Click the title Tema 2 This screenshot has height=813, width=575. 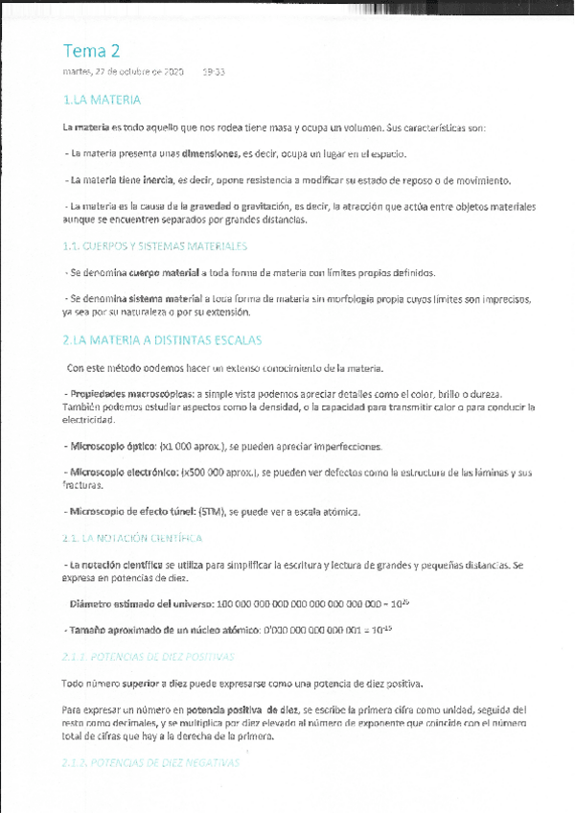click(92, 51)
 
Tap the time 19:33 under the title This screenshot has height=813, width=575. click(214, 72)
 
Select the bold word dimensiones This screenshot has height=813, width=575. click(211, 153)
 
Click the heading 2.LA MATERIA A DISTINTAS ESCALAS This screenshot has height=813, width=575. click(161, 340)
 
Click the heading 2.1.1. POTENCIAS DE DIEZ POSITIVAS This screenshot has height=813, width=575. click(148, 657)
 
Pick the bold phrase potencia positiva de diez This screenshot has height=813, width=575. click(218, 709)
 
